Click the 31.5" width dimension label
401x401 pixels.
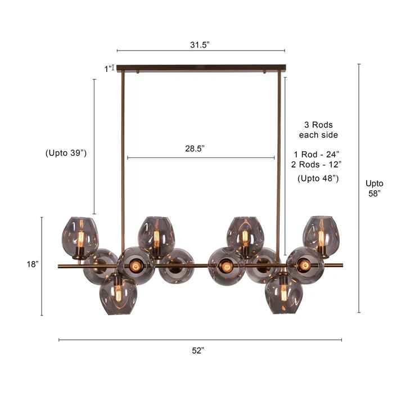click(x=200, y=45)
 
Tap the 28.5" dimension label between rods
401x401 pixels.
click(x=195, y=148)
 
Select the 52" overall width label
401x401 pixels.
click(x=198, y=350)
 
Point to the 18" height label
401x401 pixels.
click(x=33, y=264)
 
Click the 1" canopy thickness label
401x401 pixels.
click(x=108, y=69)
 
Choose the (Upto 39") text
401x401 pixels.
click(x=66, y=153)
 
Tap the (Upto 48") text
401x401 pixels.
click(x=318, y=178)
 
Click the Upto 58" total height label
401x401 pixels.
click(x=375, y=188)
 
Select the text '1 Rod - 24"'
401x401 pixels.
click(x=317, y=155)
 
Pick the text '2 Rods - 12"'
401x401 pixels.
click(x=317, y=164)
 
